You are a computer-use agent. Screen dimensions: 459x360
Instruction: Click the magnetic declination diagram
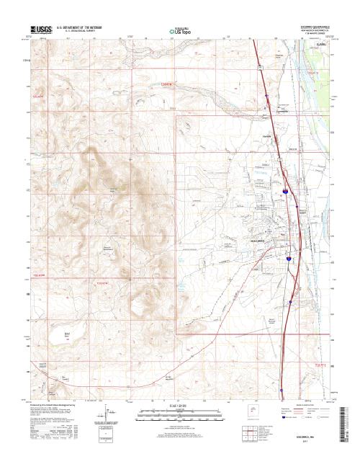pyautogui.click(x=100, y=414)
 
